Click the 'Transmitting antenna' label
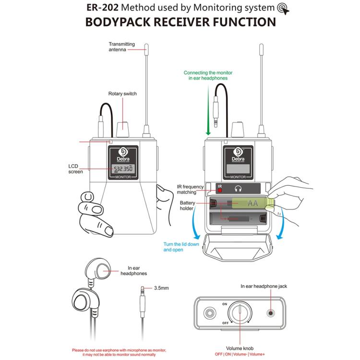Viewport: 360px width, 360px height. tap(121, 47)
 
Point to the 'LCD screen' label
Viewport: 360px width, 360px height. tap(76, 168)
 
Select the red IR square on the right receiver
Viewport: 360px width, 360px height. tap(220, 189)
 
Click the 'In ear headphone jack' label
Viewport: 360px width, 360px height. tap(264, 286)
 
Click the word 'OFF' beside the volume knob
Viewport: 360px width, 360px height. tap(225, 324)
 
